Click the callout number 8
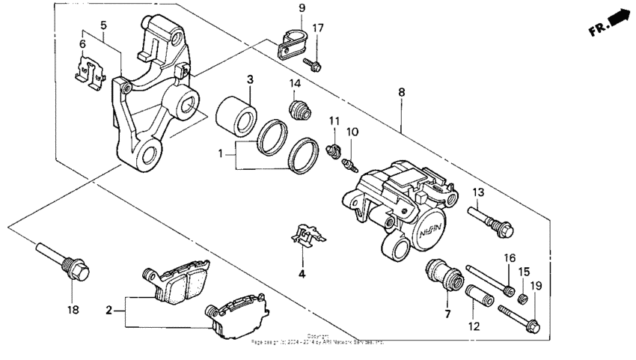pos(402,92)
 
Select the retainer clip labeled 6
pos(89,71)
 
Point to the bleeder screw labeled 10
pos(346,161)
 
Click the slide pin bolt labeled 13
pos(490,221)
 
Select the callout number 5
pos(104,24)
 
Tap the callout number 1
pos(221,153)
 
